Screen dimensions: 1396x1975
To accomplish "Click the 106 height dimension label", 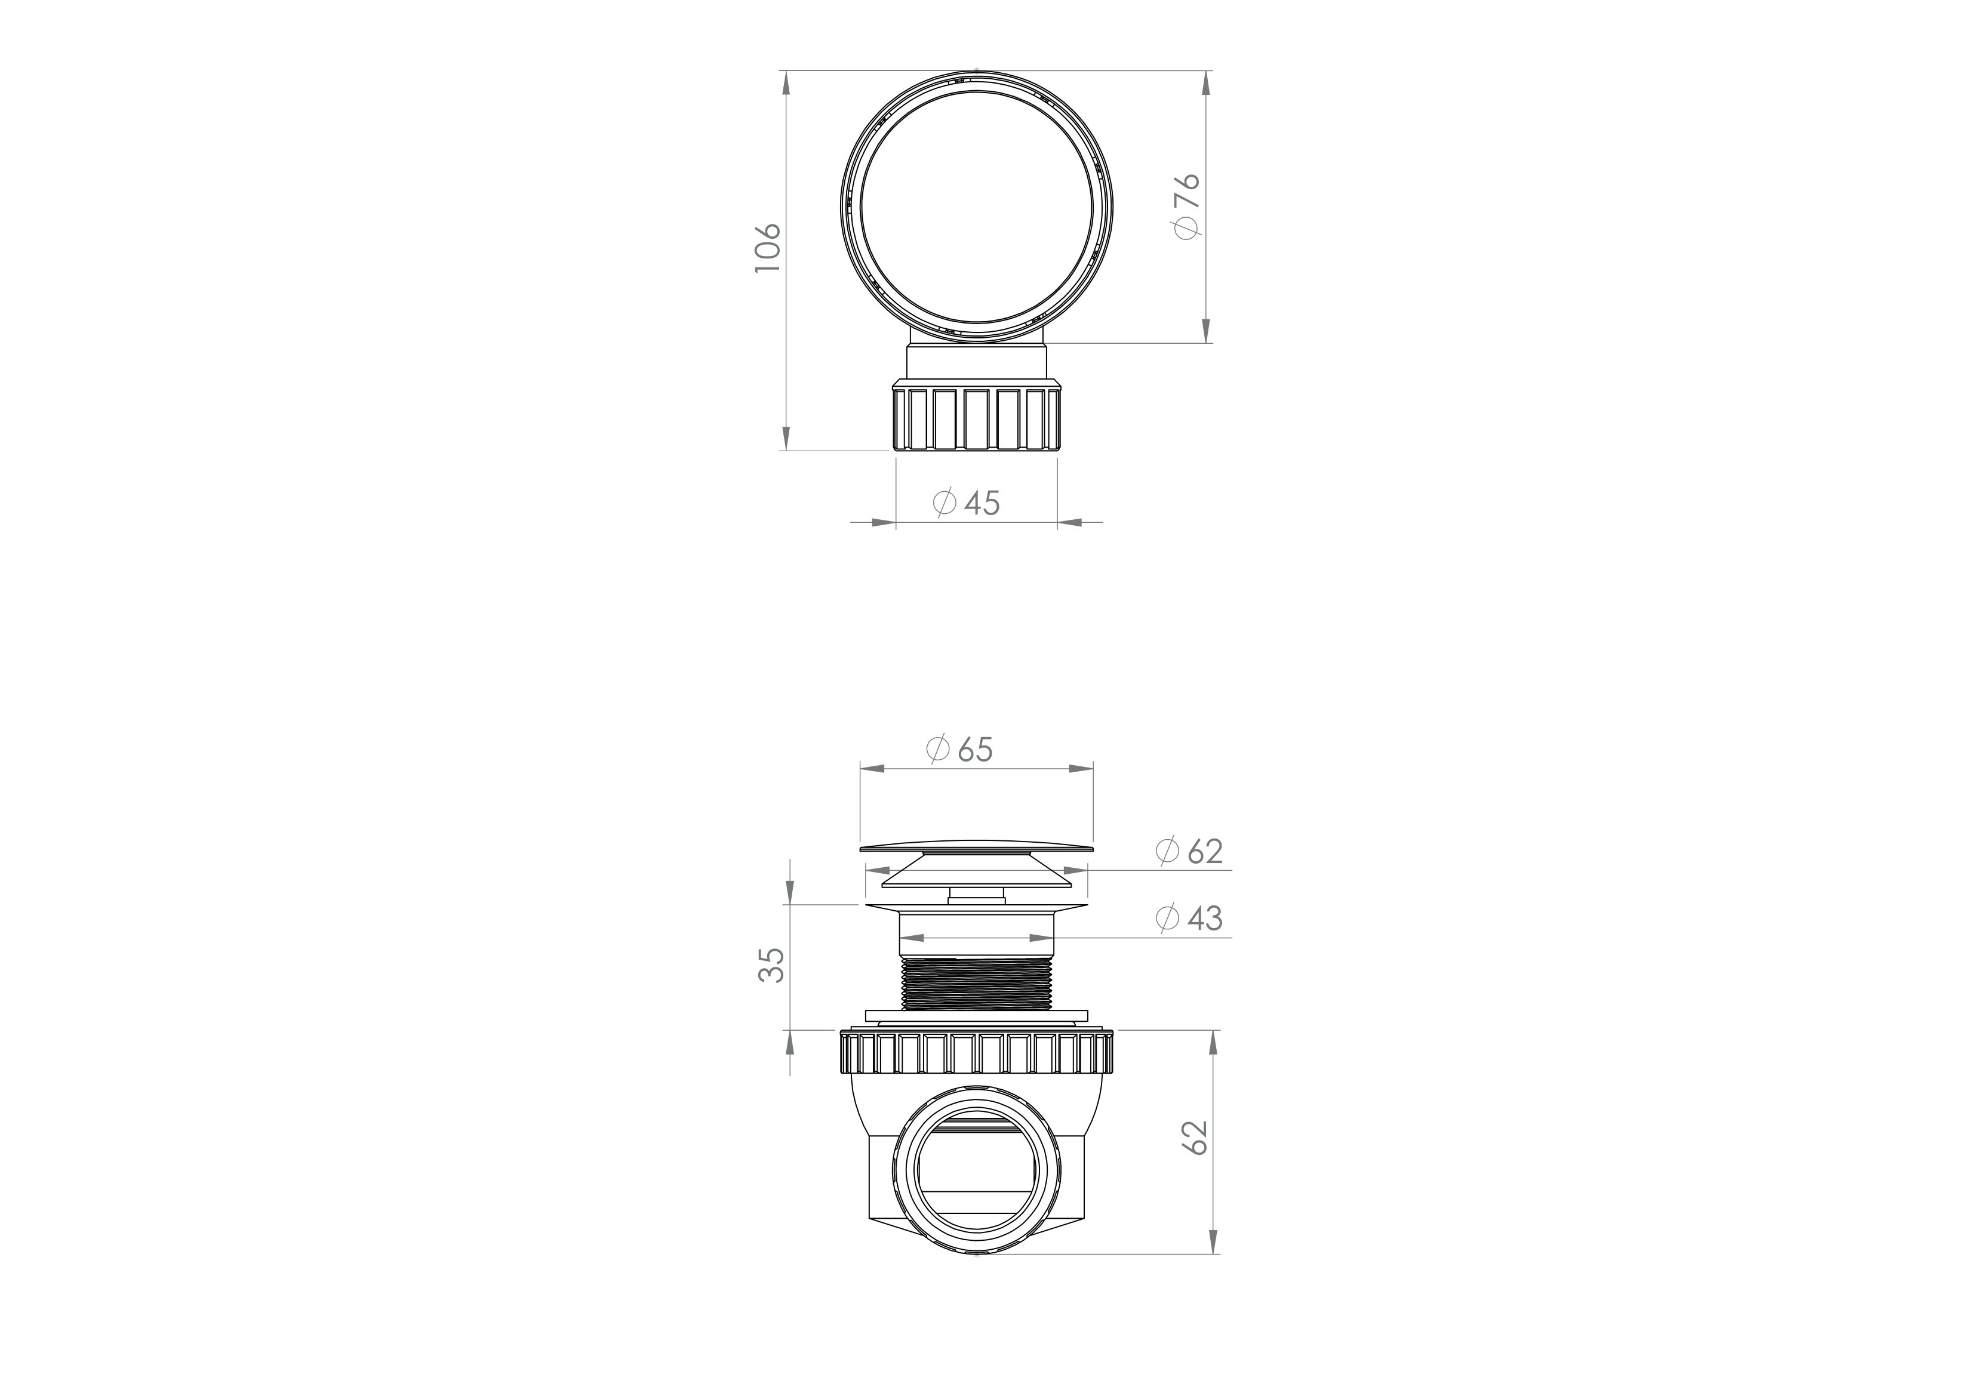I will [x=767, y=248].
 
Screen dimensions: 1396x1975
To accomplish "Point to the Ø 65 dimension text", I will [x=960, y=749].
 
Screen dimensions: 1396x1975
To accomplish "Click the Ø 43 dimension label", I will [x=1190, y=919].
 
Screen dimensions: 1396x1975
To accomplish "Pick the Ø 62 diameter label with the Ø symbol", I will [x=1190, y=852].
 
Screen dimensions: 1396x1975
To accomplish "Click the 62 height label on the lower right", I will [x=1196, y=1138].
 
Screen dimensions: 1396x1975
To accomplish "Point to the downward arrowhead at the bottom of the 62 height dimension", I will [x=1213, y=1241].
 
